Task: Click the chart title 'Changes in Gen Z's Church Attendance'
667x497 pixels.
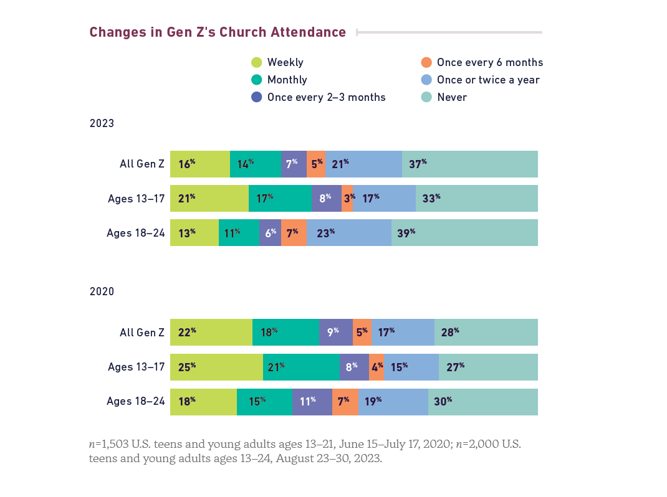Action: (x=218, y=32)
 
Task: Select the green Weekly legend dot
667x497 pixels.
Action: (x=256, y=62)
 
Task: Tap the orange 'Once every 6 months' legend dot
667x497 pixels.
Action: (x=426, y=62)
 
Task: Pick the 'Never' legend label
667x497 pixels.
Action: (x=452, y=97)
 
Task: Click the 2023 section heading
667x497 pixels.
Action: (x=102, y=123)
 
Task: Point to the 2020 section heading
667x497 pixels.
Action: (x=102, y=291)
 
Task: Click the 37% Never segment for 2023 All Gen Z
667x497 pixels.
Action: (x=469, y=164)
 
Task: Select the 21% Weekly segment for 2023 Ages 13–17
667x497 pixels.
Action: (x=209, y=199)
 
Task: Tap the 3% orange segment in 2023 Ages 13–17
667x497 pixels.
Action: (x=347, y=199)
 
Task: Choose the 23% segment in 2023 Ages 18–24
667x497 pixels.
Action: (x=348, y=233)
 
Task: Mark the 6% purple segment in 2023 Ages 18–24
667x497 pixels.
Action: (x=270, y=233)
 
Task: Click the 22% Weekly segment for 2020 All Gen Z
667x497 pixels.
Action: (x=211, y=333)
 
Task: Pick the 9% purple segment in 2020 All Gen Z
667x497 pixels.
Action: (x=335, y=333)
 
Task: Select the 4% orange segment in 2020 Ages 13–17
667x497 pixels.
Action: (x=377, y=367)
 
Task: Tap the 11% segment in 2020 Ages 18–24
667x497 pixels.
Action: (x=312, y=402)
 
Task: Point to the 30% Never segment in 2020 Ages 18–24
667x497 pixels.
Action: (x=482, y=402)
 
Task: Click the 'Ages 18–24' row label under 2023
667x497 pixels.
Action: (x=135, y=233)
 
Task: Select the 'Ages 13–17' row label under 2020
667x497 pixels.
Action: (x=136, y=367)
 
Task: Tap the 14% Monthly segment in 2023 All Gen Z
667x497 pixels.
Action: (x=256, y=164)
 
